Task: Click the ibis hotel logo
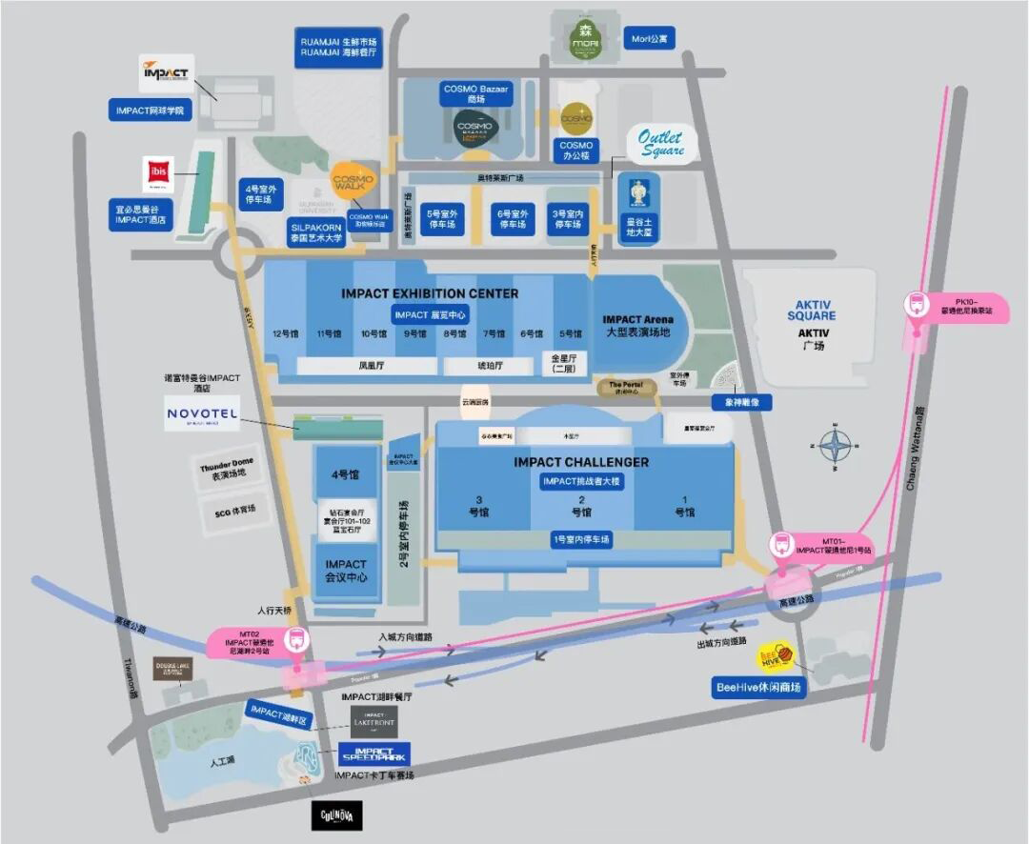point(155,174)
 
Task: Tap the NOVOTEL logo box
point(202,412)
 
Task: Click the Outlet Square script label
point(661,144)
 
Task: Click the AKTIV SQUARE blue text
point(812,310)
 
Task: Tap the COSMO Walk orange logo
point(353,181)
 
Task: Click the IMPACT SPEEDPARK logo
point(374,754)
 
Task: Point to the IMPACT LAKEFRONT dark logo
point(373,722)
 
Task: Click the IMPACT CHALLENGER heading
point(580,462)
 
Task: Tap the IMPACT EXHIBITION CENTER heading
point(430,293)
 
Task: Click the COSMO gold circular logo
point(576,118)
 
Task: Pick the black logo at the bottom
point(336,816)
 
